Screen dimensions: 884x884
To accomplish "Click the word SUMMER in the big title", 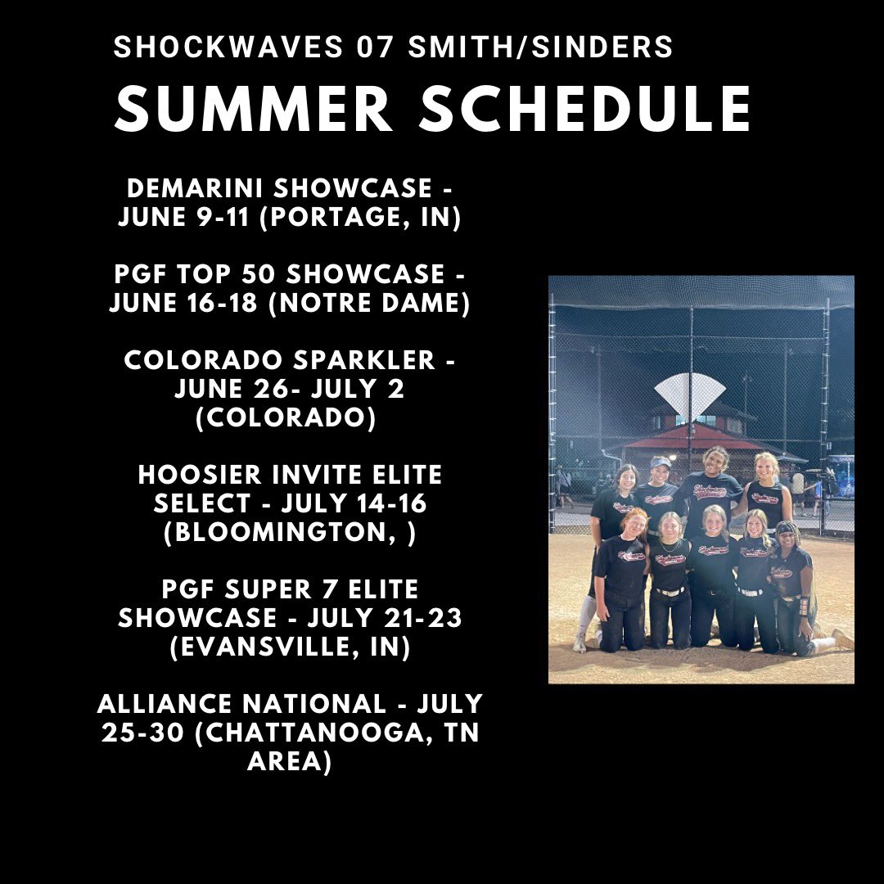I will (254, 110).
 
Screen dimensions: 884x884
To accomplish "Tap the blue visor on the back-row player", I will (660, 462).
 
